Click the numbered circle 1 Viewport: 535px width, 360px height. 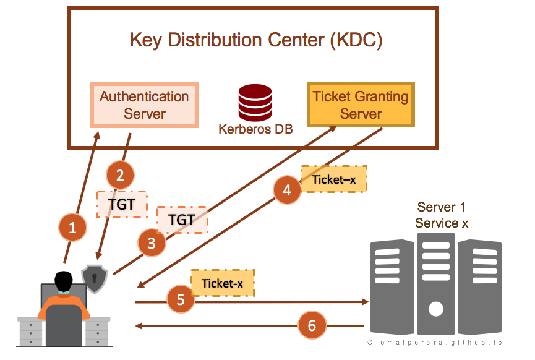click(73, 228)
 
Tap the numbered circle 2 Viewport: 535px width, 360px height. click(120, 175)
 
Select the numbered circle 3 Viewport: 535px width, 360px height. click(152, 243)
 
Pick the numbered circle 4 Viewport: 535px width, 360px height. click(287, 191)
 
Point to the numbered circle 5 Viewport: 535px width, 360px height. click(181, 300)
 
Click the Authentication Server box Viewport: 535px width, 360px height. click(145, 105)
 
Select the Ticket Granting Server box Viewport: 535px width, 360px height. click(361, 105)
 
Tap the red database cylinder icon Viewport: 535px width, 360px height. click(255, 103)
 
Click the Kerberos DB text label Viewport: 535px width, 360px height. click(255, 130)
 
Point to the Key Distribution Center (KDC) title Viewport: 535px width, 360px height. click(256, 41)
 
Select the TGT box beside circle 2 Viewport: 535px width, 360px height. click(122, 205)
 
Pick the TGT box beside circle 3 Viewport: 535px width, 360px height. click(182, 220)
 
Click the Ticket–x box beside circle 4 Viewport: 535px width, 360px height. click(334, 179)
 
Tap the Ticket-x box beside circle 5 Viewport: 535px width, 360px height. click(222, 283)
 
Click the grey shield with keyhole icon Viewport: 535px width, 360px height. click(95, 278)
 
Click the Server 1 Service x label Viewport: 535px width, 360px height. click(442, 215)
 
